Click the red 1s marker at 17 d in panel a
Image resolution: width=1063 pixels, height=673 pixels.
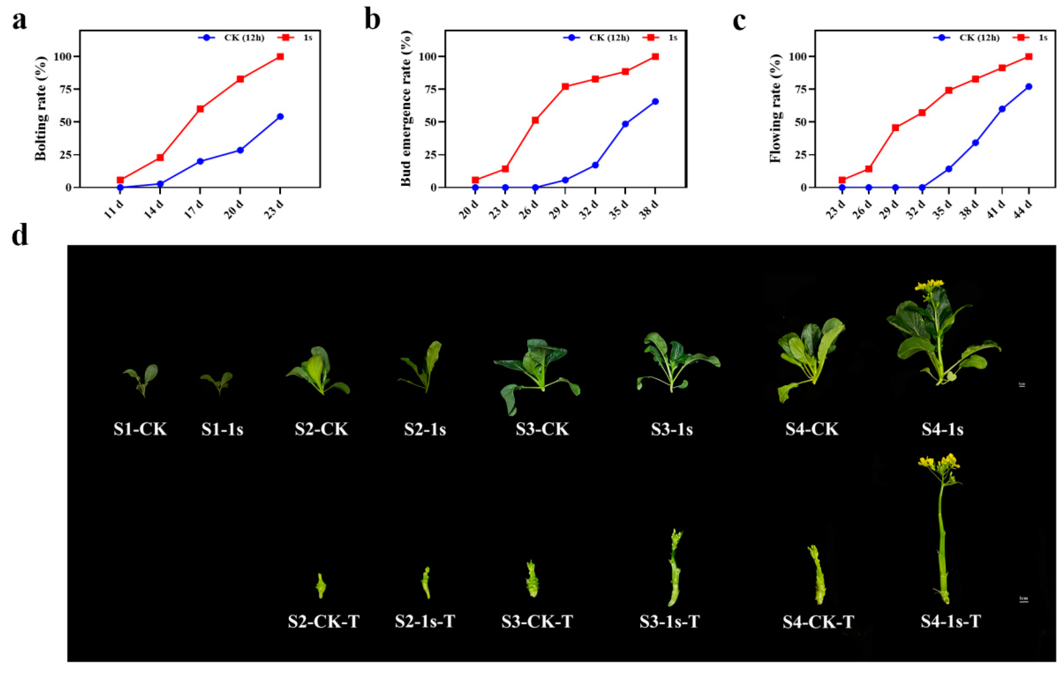pyautogui.click(x=200, y=108)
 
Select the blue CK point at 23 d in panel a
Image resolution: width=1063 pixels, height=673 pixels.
pyautogui.click(x=280, y=116)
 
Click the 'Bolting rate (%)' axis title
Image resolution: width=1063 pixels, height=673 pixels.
pyautogui.click(x=41, y=108)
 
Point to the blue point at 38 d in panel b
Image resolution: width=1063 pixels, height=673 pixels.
pyautogui.click(x=655, y=102)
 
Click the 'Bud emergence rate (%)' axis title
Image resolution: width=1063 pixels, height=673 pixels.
pyautogui.click(x=407, y=108)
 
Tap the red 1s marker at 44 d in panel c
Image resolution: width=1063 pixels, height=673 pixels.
pyautogui.click(x=1029, y=56)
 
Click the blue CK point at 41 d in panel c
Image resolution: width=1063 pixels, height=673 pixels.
pyautogui.click(x=1002, y=108)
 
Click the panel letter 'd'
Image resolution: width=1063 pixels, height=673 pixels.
pyautogui.click(x=20, y=235)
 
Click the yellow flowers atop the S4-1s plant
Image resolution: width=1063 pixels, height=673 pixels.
pyautogui.click(x=929, y=285)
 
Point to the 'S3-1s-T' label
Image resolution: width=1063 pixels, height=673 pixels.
pyautogui.click(x=669, y=621)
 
